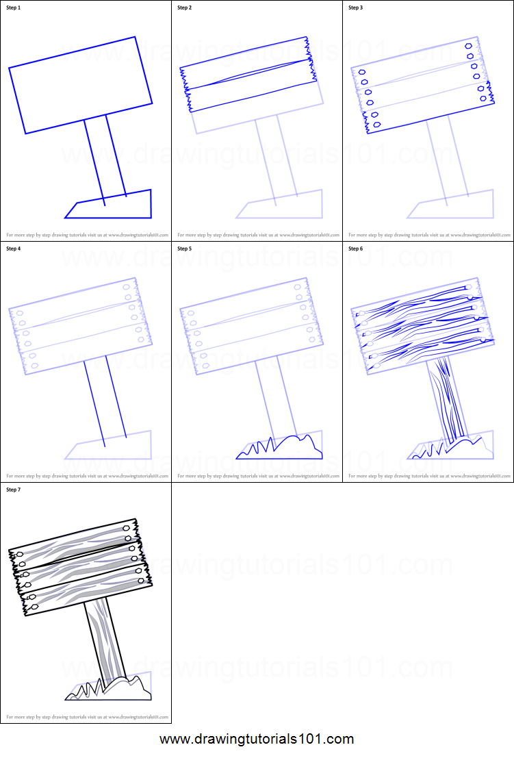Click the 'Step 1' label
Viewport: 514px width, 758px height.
(14, 8)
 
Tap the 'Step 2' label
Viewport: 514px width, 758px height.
(185, 8)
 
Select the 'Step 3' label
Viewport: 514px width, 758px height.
(356, 8)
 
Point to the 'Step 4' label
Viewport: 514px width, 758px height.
(14, 249)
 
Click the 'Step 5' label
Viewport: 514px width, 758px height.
(185, 249)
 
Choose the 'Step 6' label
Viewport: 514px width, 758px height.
(356, 249)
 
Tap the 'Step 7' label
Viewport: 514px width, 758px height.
(14, 490)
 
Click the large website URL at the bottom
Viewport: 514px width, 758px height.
(257, 739)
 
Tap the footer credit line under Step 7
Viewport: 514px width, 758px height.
(87, 717)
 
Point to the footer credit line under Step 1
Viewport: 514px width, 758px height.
(87, 234)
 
